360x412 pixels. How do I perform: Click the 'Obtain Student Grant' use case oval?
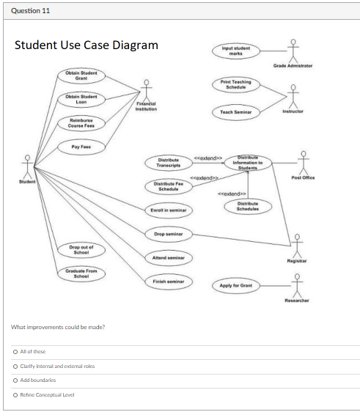point(81,76)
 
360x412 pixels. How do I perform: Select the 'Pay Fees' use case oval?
point(81,147)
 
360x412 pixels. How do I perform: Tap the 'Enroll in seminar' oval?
point(169,210)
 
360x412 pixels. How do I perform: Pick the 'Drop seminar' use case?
point(169,234)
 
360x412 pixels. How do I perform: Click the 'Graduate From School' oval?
point(81,273)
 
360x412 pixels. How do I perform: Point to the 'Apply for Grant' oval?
point(236,284)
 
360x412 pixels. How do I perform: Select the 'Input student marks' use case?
point(236,51)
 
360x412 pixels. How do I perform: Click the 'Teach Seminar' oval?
point(236,111)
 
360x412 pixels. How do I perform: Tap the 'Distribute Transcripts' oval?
point(169,162)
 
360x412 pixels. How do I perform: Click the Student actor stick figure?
point(27,163)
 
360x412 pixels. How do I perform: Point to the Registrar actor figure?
point(297,243)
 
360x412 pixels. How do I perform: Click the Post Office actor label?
point(302,177)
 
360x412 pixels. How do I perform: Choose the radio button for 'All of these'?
point(15,351)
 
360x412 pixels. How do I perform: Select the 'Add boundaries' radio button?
point(15,380)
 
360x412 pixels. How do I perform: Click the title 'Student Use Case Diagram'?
point(87,45)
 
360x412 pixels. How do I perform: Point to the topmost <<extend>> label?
point(208,158)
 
